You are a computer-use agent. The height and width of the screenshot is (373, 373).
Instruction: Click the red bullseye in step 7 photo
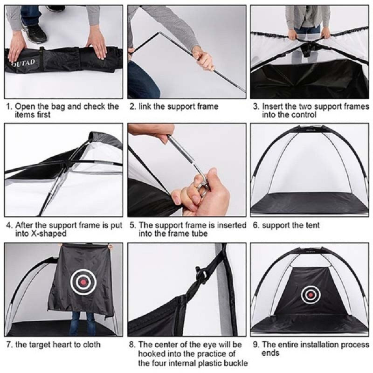83,282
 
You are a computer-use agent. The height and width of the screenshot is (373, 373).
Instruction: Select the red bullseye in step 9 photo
309,295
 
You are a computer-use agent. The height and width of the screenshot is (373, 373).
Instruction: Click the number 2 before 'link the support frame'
132,106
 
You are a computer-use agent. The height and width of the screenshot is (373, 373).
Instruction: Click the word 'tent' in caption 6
312,226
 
